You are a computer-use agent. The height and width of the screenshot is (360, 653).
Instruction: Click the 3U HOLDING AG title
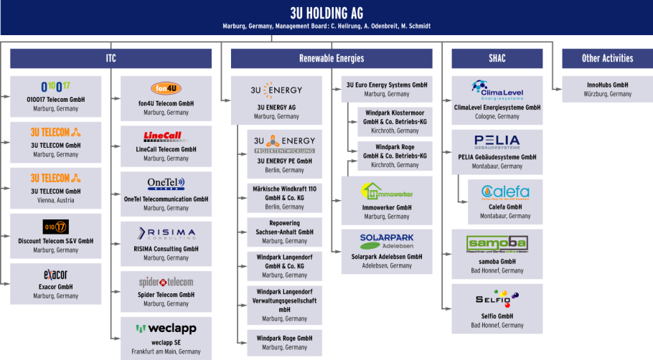(326, 14)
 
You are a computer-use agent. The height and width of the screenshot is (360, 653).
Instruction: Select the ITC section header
(111, 58)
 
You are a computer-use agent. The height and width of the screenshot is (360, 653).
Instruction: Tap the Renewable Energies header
(332, 58)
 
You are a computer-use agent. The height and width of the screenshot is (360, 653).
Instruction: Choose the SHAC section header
(497, 58)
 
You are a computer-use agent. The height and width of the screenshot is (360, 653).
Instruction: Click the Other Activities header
(607, 58)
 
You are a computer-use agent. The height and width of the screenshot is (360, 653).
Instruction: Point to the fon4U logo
(166, 88)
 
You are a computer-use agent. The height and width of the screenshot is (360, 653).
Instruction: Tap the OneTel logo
(166, 183)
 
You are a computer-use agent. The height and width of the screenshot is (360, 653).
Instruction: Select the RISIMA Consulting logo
(166, 232)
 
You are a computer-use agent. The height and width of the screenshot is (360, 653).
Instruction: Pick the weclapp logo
(166, 328)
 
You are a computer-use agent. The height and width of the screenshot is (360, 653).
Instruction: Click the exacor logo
(55, 275)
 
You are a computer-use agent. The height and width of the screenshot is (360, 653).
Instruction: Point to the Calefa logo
(505, 192)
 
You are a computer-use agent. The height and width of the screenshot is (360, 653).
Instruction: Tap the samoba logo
(497, 242)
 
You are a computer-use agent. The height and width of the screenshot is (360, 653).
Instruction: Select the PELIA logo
(497, 141)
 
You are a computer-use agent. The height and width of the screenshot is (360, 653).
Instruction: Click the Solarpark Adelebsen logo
(387, 241)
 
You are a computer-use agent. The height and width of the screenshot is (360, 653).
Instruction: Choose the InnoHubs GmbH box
(607, 89)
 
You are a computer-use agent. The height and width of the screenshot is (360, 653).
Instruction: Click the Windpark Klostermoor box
(395, 122)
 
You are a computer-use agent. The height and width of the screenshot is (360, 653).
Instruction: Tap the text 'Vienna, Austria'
(55, 200)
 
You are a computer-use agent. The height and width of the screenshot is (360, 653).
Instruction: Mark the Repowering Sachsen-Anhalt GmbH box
(285, 232)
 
